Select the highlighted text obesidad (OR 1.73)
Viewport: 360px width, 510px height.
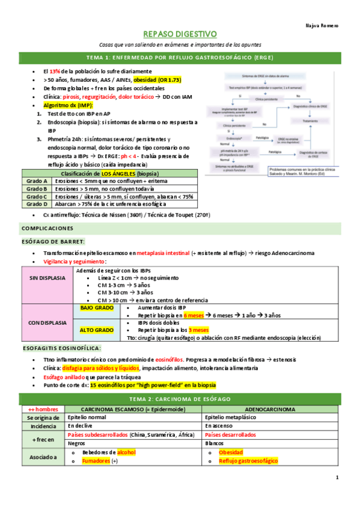click(x=157, y=80)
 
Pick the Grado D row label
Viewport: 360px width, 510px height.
click(x=37, y=204)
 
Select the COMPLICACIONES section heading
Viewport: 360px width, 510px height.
click(x=47, y=229)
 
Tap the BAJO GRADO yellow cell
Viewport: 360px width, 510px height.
click(x=96, y=307)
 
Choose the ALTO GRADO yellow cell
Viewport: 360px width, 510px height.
click(x=96, y=330)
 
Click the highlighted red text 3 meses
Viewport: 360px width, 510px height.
click(x=198, y=330)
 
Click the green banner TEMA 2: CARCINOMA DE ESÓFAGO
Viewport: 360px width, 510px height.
click(x=180, y=399)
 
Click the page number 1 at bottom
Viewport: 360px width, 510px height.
click(x=337, y=477)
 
